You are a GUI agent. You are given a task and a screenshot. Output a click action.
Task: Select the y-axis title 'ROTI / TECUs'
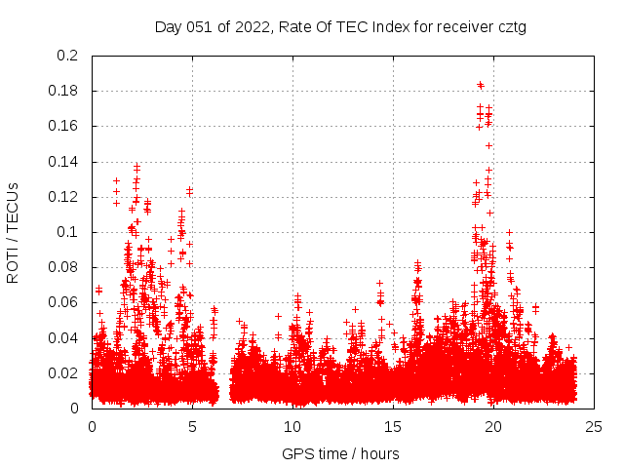(13, 232)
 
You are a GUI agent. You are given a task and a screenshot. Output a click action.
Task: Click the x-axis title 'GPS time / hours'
(340, 453)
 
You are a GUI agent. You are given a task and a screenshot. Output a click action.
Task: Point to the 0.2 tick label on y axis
(68, 56)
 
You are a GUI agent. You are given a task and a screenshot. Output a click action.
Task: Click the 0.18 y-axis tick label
(64, 91)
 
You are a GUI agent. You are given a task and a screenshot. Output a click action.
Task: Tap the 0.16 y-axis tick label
(64, 126)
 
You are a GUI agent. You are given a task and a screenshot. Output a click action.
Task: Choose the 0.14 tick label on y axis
(64, 161)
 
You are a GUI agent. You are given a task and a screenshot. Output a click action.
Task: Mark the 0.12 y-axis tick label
(64, 197)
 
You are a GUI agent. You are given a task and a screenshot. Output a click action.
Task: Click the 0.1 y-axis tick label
(68, 232)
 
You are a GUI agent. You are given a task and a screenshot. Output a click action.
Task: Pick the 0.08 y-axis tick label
(64, 267)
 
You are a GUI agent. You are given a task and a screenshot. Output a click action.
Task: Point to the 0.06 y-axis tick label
(64, 302)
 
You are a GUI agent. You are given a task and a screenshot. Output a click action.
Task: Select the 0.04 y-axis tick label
(64, 337)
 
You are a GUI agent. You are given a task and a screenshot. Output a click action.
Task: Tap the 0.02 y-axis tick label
(64, 372)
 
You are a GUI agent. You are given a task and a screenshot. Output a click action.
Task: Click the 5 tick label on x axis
(192, 426)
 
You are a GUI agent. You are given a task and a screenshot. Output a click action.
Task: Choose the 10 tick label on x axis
(292, 426)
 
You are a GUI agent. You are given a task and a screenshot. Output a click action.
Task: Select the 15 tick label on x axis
(393, 426)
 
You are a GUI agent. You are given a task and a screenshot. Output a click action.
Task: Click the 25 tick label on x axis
(594, 426)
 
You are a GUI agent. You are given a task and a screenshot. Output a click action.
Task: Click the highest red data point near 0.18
(480, 84)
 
